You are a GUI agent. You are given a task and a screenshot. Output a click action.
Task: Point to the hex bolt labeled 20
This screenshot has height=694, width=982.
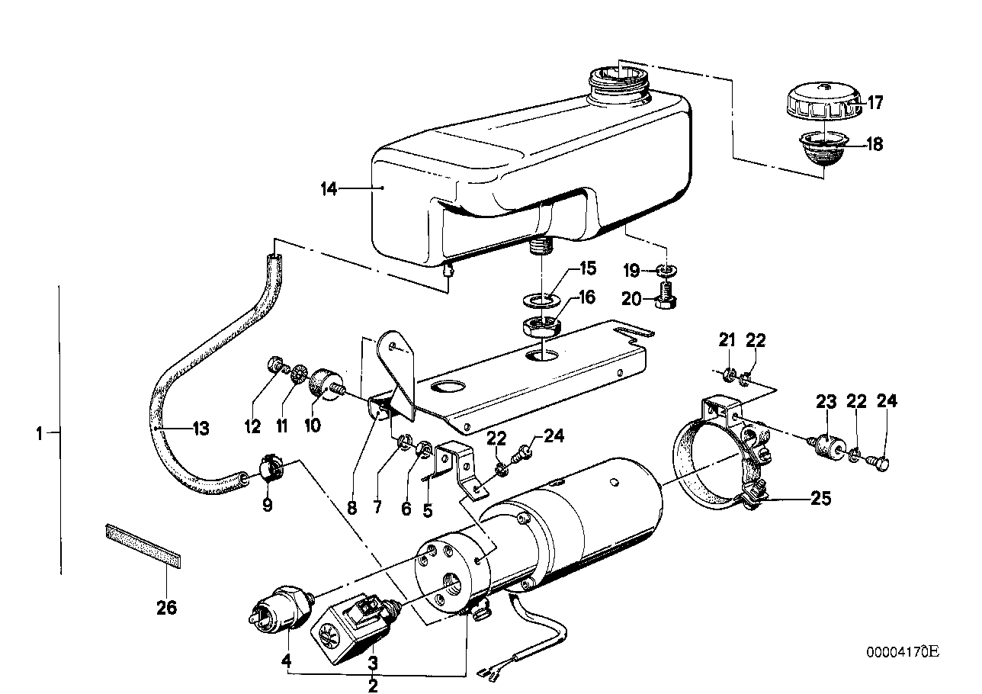coord(666,295)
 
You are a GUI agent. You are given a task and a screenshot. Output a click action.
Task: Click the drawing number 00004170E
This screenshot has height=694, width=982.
coord(902,651)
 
